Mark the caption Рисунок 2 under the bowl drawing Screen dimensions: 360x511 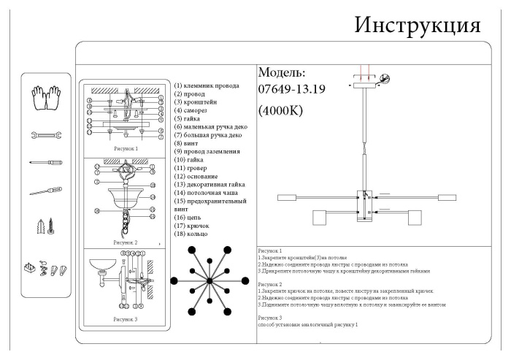click(x=124, y=241)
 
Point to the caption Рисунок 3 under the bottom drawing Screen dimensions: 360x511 click(x=124, y=319)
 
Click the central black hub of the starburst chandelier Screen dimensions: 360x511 click(x=209, y=281)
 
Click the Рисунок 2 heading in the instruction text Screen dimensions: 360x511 click(x=270, y=284)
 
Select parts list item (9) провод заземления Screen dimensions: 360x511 click(x=210, y=152)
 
